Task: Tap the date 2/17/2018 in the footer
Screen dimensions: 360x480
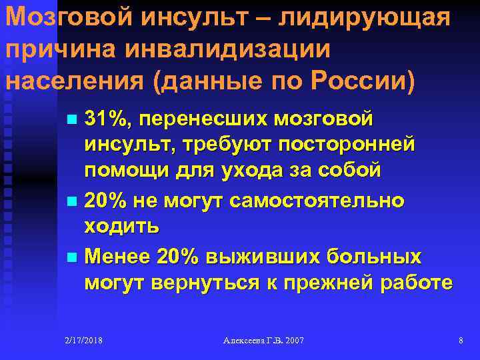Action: click(84, 341)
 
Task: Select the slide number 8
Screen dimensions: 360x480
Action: click(461, 341)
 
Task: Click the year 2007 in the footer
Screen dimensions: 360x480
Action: click(293, 341)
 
